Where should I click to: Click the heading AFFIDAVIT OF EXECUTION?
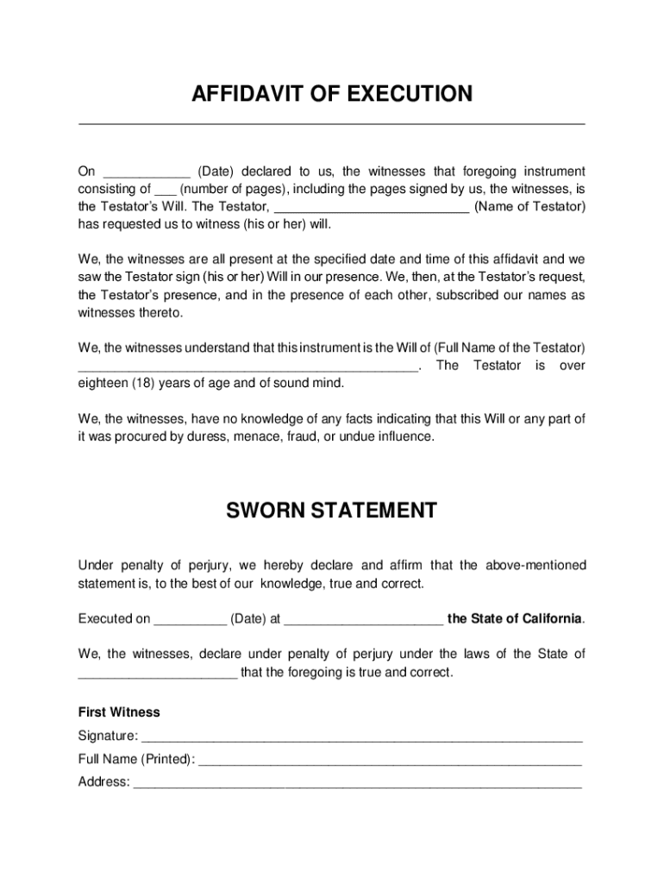click(331, 94)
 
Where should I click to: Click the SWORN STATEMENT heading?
click(331, 510)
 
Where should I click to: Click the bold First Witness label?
click(119, 713)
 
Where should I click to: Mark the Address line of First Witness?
click(358, 784)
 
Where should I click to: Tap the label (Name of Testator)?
click(529, 207)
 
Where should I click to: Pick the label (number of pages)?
click(235, 190)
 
